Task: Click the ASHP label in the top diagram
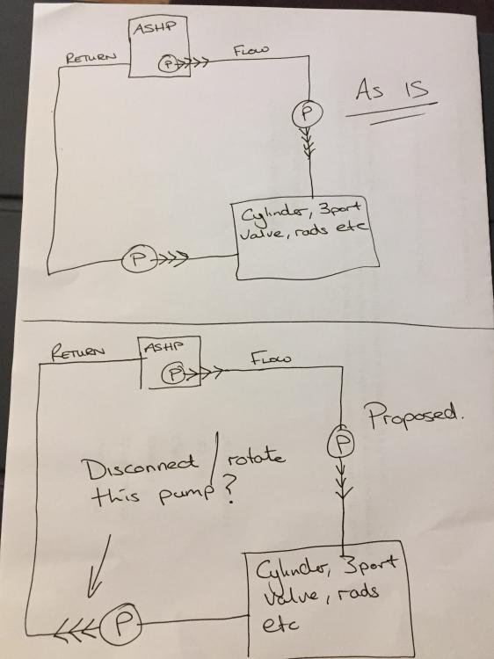(155, 28)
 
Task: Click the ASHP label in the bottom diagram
(164, 347)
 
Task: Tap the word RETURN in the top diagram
(91, 57)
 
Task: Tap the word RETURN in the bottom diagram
(78, 351)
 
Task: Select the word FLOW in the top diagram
(251, 50)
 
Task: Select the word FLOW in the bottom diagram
(271, 358)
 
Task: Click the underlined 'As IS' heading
(392, 89)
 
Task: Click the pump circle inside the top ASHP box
(167, 64)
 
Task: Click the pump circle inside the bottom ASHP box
(174, 373)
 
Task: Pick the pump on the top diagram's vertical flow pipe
(308, 112)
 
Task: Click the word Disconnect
(142, 467)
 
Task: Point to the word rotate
(256, 457)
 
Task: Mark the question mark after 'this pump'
(229, 493)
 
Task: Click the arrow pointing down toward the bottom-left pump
(99, 565)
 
